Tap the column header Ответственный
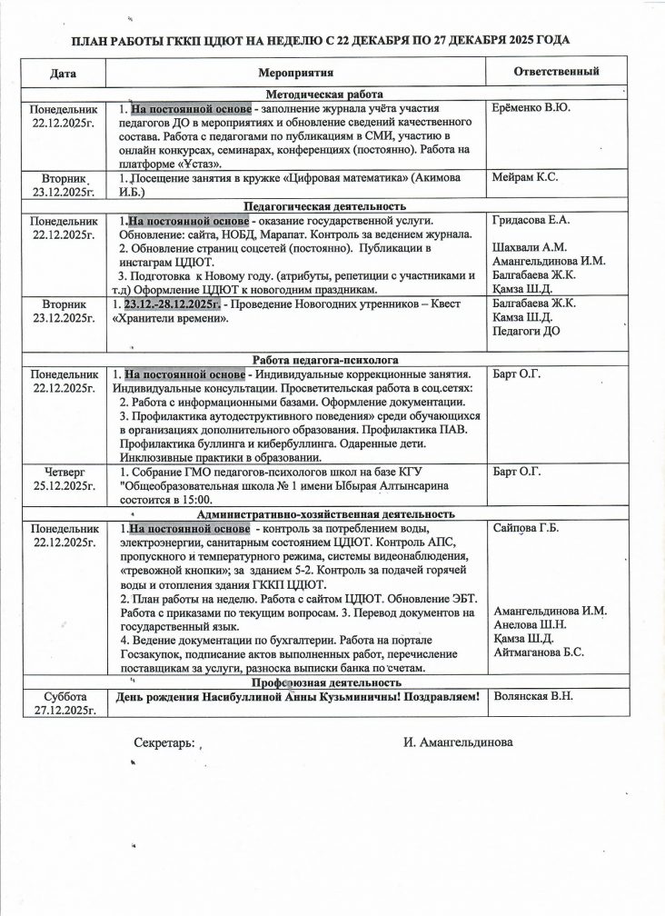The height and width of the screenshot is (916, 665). (x=556, y=71)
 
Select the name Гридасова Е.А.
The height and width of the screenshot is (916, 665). (x=531, y=220)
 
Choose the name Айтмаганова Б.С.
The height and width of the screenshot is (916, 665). (x=539, y=652)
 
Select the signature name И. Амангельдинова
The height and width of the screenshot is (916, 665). (x=458, y=742)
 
